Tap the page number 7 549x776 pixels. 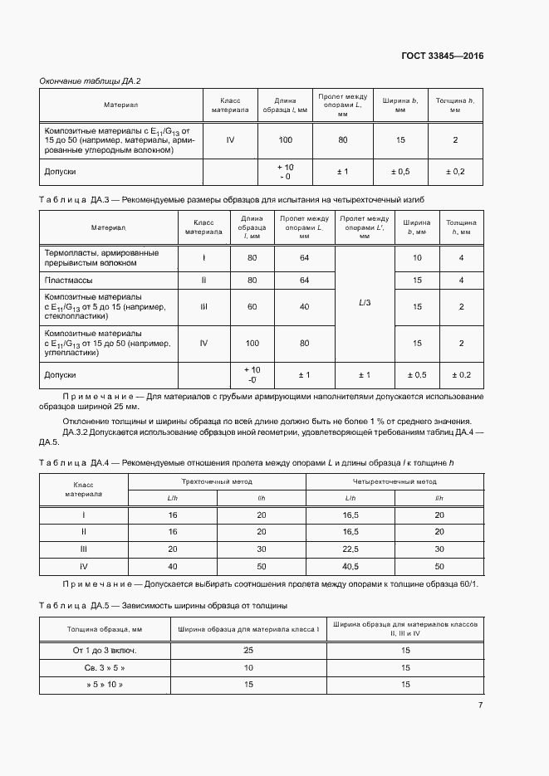pyautogui.click(x=480, y=705)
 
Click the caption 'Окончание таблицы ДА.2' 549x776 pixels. pyautogui.click(x=91, y=81)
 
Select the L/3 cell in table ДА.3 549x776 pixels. pyautogui.click(x=365, y=303)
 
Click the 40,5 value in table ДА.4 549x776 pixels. pyautogui.click(x=350, y=565)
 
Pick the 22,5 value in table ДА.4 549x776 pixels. pyautogui.click(x=350, y=549)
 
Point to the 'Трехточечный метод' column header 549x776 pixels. pyautogui.click(x=217, y=481)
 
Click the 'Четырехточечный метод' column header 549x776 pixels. pyautogui.click(x=395, y=481)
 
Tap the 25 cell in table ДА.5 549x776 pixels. pyautogui.click(x=248, y=649)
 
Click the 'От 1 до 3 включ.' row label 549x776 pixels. pyautogui.click(x=104, y=649)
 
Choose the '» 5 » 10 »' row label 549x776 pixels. pyautogui.click(x=104, y=684)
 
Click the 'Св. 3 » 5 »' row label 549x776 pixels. pyautogui.click(x=104, y=666)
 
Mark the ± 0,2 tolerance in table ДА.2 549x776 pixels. pyautogui.click(x=455, y=171)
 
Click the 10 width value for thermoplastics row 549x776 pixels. pyautogui.click(x=417, y=258)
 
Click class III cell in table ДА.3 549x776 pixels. pyautogui.click(x=203, y=307)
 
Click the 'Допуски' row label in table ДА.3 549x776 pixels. pyautogui.click(x=60, y=375)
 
